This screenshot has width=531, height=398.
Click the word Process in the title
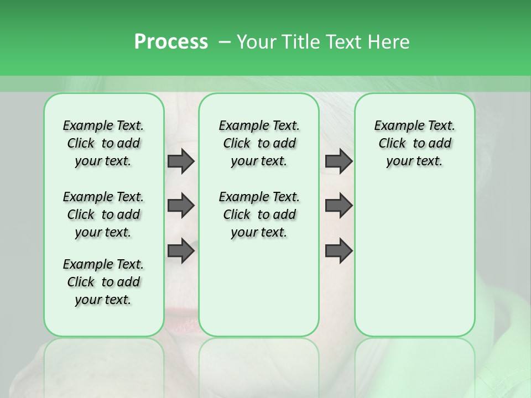click(171, 41)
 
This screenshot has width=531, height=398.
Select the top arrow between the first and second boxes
click(181, 161)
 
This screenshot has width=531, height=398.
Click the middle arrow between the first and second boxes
click(181, 206)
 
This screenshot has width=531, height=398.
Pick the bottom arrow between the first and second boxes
click(181, 250)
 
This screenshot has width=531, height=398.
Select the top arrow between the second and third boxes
click(339, 161)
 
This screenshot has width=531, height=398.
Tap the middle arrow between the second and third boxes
click(339, 206)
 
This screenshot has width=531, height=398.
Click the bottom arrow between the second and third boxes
click(339, 250)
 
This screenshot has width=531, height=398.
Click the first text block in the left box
click(103, 143)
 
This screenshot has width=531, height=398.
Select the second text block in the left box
click(103, 214)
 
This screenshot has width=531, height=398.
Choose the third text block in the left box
click(103, 282)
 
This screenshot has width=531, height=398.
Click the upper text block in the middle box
click(259, 143)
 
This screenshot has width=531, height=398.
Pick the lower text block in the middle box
click(259, 214)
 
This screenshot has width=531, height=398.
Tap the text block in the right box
click(414, 143)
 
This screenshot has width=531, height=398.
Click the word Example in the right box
click(397, 126)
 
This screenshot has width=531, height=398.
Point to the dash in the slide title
click(225, 42)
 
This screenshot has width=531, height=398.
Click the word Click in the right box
click(392, 144)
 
